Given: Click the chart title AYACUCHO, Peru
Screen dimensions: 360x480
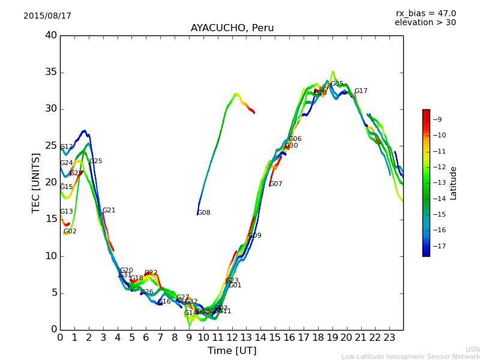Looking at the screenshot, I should click(x=232, y=28).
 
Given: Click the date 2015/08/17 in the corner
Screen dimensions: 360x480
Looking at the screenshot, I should click(x=47, y=16).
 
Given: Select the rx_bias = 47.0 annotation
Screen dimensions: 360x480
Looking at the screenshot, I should click(x=425, y=13).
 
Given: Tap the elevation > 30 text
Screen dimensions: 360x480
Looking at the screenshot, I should click(x=425, y=23).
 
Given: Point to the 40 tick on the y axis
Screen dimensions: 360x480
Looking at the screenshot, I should click(x=51, y=35).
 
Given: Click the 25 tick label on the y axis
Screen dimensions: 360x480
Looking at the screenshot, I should click(x=51, y=146).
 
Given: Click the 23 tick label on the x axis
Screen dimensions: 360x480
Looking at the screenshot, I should click(x=389, y=338).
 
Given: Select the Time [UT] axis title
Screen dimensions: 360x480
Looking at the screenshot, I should click(x=232, y=350).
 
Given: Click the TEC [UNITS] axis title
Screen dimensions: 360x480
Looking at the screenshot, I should click(x=36, y=182).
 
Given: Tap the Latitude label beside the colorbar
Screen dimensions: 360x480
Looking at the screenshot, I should click(x=454, y=182).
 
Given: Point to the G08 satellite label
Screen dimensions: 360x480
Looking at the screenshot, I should click(x=204, y=213).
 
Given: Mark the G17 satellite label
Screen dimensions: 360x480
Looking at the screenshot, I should click(x=361, y=91).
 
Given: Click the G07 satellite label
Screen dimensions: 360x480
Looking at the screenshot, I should click(x=276, y=184).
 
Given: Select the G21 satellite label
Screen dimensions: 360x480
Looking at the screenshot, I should click(x=109, y=211).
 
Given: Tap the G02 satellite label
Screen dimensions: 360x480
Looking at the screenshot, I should click(x=70, y=232).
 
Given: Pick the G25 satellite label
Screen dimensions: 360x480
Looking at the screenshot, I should click(x=96, y=161).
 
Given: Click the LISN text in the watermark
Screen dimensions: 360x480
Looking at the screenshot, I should click(x=473, y=349).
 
